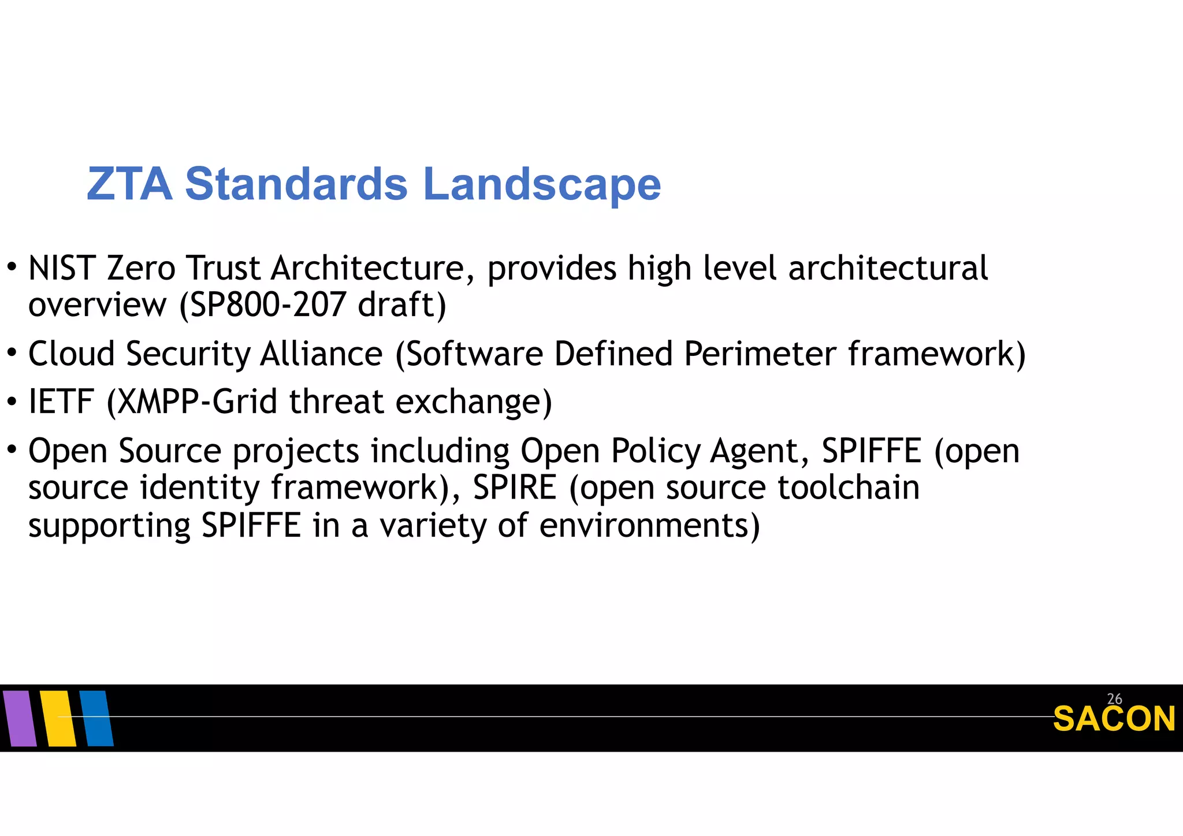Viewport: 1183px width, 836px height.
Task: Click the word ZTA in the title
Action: click(129, 184)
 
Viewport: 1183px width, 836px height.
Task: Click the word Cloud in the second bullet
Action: click(71, 354)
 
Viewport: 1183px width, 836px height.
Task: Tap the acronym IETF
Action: click(61, 402)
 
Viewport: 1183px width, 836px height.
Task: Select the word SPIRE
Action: click(515, 488)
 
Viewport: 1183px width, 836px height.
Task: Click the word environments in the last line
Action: click(643, 526)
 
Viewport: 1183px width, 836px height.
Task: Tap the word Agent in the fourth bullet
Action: click(754, 451)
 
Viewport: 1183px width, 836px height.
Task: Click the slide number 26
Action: click(1114, 699)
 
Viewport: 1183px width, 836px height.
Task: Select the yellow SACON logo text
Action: click(1114, 720)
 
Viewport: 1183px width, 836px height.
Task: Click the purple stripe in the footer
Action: click(20, 718)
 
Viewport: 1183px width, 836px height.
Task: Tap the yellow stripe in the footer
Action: click(58, 718)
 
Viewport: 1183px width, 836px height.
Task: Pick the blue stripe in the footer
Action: click(96, 718)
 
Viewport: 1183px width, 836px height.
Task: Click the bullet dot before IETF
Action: click(12, 401)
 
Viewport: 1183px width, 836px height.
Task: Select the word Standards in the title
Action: click(296, 184)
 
